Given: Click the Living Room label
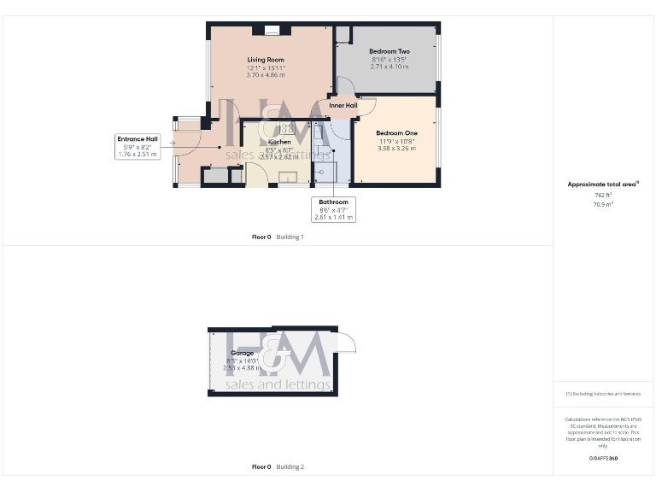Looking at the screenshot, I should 266,60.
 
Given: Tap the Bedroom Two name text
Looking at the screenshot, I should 389,51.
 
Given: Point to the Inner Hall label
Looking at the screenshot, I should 343,106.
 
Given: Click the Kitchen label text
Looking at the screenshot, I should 279,142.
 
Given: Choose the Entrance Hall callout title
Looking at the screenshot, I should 138,138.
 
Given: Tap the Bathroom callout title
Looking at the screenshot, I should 333,202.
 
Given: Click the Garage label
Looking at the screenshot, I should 242,353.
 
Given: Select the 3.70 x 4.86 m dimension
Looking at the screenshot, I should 266,75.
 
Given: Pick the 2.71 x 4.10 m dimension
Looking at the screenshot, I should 389,67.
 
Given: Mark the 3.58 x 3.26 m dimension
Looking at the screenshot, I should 397,148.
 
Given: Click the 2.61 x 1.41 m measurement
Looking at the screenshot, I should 333,217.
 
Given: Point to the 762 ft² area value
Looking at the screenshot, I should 604,195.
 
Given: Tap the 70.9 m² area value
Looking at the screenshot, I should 604,204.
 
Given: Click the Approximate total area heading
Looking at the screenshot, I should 603,184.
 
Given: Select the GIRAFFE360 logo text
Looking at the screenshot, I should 603,459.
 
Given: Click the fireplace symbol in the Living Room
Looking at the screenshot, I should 272,31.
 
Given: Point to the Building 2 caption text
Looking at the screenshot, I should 290,467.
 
